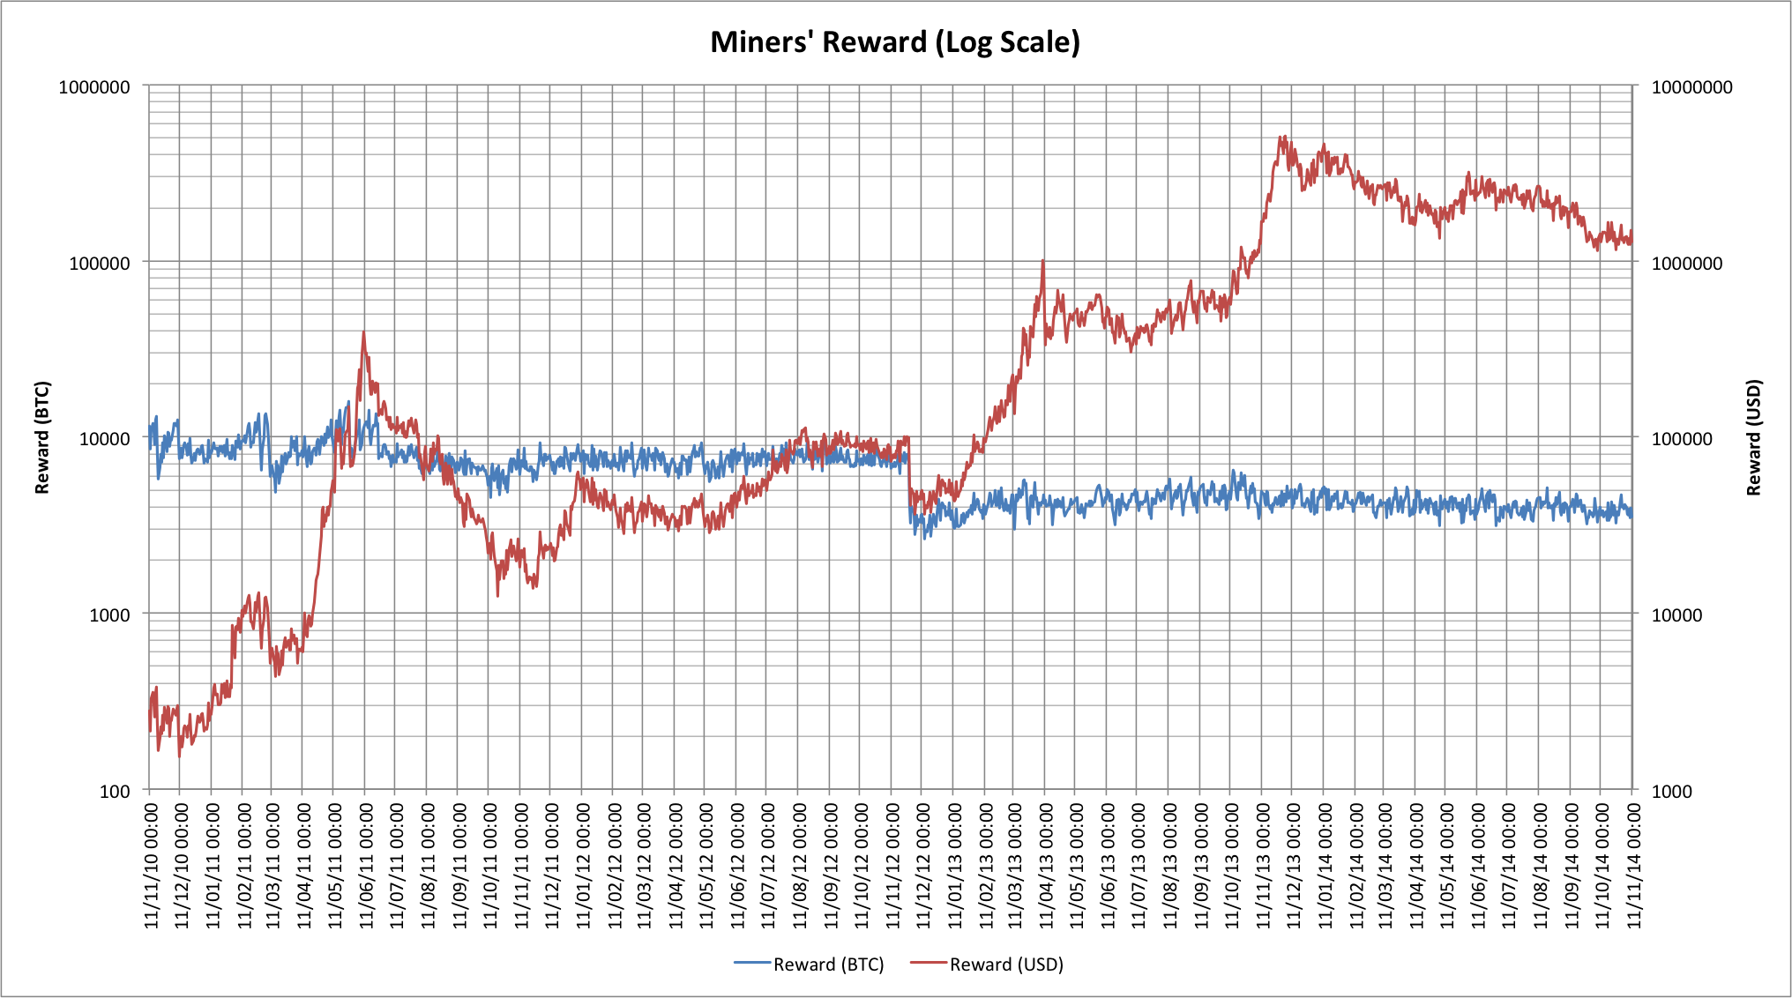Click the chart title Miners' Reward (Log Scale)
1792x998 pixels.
895,42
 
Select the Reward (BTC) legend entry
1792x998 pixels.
810,964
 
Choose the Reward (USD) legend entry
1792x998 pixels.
988,964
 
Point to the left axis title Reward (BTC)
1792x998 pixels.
42,437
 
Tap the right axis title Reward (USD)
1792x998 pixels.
1753,437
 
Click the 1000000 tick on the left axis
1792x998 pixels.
94,87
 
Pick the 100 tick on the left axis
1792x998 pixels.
115,791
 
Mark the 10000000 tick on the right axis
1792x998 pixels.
1691,87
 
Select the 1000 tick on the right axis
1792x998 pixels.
1671,791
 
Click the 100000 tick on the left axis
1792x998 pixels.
100,263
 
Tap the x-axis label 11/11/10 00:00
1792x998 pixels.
149,864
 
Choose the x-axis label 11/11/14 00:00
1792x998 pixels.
1633,864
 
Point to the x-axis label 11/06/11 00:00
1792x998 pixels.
365,864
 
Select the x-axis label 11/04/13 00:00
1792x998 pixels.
1045,864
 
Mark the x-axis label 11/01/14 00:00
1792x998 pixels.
1324,864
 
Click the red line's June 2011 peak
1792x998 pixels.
363,332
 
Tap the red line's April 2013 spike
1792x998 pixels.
1043,261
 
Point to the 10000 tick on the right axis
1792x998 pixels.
1676,614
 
